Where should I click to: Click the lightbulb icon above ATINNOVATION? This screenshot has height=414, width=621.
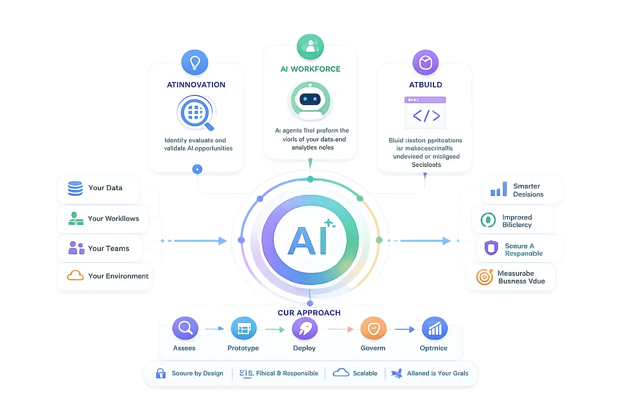tap(195, 62)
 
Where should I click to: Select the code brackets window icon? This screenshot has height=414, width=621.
tap(425, 113)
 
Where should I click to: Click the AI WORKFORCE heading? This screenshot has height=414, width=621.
tap(310, 69)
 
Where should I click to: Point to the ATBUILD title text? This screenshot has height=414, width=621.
tap(425, 85)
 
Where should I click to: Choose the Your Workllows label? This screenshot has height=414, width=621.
tap(113, 219)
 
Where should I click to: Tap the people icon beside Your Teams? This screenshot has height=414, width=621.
tap(76, 248)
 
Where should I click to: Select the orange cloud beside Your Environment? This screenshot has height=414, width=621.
tap(75, 276)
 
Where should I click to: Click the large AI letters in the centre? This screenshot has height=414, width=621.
tap(307, 241)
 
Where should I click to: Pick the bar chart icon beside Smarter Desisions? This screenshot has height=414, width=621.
tap(498, 190)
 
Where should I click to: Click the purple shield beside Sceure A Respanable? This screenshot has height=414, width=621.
tap(491, 248)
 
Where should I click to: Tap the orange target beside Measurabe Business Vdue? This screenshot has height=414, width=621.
tap(484, 277)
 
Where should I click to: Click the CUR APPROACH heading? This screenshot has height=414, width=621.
tap(309, 313)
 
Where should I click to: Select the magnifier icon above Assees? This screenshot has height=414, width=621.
tap(185, 328)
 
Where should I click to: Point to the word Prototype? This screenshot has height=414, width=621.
tap(243, 348)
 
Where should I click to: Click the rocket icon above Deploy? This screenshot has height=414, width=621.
tap(304, 328)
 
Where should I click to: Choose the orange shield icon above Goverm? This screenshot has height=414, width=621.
tap(374, 328)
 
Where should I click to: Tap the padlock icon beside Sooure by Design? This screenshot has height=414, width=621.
tap(161, 373)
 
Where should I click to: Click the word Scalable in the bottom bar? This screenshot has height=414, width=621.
tap(365, 373)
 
